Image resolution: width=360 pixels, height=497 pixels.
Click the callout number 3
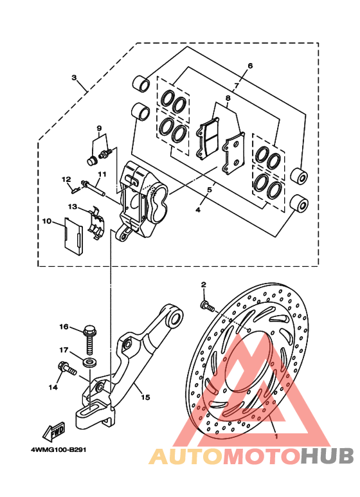click(74, 77)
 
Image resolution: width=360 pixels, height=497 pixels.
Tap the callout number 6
click(250, 66)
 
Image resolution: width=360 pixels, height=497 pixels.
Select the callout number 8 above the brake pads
click(228, 98)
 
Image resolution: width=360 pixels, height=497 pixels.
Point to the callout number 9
click(99, 129)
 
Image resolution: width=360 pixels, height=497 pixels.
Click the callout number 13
click(73, 206)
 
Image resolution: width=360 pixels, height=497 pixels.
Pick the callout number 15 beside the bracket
click(145, 397)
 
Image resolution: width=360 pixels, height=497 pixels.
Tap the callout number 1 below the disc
click(276, 437)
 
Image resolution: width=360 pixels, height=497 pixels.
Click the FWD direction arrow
click(54, 431)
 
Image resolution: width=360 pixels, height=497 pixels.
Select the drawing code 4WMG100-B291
click(59, 450)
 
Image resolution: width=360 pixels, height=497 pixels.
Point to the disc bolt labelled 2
click(207, 306)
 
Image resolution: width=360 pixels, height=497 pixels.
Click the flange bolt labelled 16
click(89, 340)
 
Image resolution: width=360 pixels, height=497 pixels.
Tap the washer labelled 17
click(90, 362)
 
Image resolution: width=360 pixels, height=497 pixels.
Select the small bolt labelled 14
click(67, 368)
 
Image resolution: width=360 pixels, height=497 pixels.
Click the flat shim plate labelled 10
click(73, 236)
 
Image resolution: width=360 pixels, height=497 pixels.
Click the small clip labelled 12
click(75, 190)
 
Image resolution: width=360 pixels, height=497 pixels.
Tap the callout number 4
click(198, 210)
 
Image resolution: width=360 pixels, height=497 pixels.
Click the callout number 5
click(210, 190)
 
